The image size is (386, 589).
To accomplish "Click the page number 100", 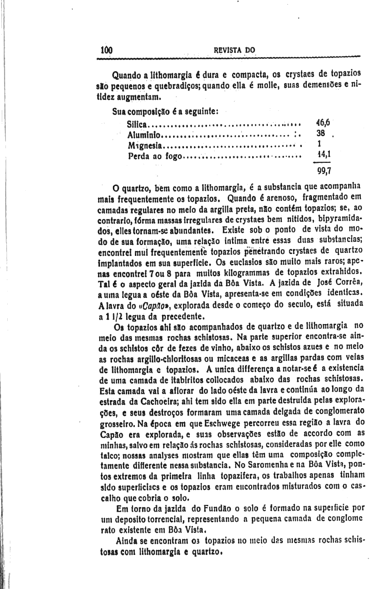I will (x=106, y=50).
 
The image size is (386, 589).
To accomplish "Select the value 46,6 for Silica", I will (x=323, y=123).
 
